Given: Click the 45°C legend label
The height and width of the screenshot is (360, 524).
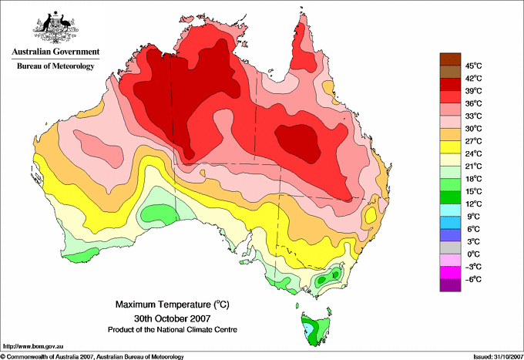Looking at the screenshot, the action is pyautogui.click(x=473, y=66).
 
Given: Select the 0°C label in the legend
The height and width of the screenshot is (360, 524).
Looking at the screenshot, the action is pyautogui.click(x=473, y=254).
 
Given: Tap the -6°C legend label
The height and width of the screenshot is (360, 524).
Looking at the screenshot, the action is pyautogui.click(x=473, y=279).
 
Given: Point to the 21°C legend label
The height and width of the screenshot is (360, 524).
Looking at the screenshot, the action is pyautogui.click(x=473, y=167).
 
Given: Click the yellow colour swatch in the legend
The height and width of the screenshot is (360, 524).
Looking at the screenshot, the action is pyautogui.click(x=450, y=147).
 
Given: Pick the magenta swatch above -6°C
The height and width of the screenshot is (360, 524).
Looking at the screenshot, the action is pyautogui.click(x=450, y=273).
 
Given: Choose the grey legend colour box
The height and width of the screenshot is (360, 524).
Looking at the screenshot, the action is pyautogui.click(x=450, y=247).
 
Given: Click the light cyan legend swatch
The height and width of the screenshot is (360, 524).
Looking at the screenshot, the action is pyautogui.click(x=450, y=210).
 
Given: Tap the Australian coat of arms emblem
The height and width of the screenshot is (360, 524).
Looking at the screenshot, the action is pyautogui.click(x=55, y=27).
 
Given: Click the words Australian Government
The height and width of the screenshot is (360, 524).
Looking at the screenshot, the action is pyautogui.click(x=55, y=52).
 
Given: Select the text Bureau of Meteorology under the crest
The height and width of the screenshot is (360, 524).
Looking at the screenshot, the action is pyautogui.click(x=55, y=66).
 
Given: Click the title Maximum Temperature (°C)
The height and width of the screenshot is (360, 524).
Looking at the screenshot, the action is pyautogui.click(x=173, y=304).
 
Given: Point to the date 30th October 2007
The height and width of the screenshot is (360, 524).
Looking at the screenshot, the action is pyautogui.click(x=173, y=318).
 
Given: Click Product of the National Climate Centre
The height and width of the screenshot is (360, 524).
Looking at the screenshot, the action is pyautogui.click(x=173, y=330).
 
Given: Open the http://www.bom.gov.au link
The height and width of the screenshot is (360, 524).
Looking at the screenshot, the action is pyautogui.click(x=33, y=346).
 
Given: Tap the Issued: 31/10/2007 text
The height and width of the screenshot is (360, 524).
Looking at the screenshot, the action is pyautogui.click(x=499, y=357).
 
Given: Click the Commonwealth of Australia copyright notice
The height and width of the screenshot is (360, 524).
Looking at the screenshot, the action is pyautogui.click(x=92, y=357).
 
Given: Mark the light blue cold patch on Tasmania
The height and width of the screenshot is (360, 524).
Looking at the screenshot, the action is pyautogui.click(x=310, y=330).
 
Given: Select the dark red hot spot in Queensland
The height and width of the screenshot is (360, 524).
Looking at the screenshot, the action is pyautogui.click(x=297, y=143).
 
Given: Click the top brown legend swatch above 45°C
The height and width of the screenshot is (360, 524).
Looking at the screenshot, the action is pyautogui.click(x=450, y=59).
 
